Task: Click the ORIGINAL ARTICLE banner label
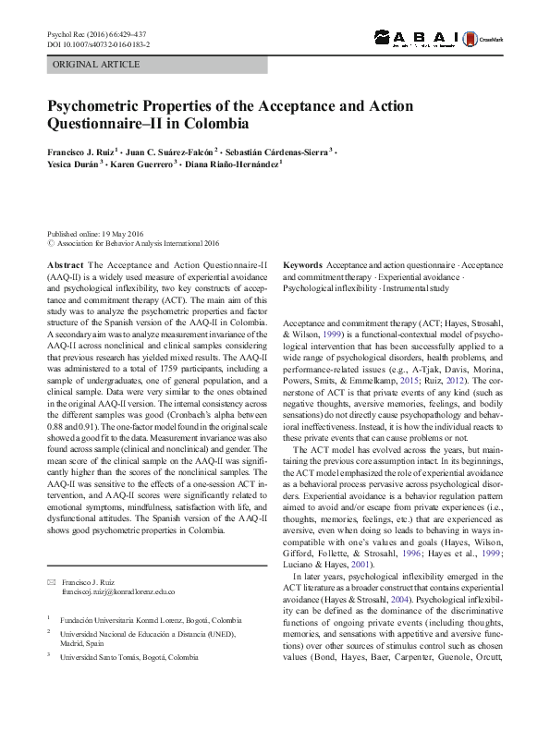pyautogui.click(x=96, y=65)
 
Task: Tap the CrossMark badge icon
pyautogui.click(x=489, y=39)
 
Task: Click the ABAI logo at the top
pyautogui.click(x=422, y=38)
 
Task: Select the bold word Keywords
pyautogui.click(x=302, y=264)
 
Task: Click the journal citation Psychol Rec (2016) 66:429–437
pyautogui.click(x=96, y=34)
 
